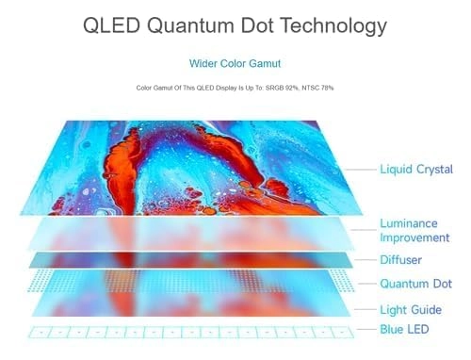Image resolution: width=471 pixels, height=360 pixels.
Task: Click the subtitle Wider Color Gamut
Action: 235,65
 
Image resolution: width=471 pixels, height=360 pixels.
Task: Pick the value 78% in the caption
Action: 327,88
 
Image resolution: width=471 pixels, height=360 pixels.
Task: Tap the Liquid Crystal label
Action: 415,170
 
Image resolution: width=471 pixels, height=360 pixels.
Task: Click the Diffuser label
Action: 400,259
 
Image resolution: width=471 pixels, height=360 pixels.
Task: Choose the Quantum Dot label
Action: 415,284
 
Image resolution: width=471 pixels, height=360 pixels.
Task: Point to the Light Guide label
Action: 410,309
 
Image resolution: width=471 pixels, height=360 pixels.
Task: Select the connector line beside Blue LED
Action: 365,330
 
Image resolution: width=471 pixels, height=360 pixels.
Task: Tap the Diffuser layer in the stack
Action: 188,259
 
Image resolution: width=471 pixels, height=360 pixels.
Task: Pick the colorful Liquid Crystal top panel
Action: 188,165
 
